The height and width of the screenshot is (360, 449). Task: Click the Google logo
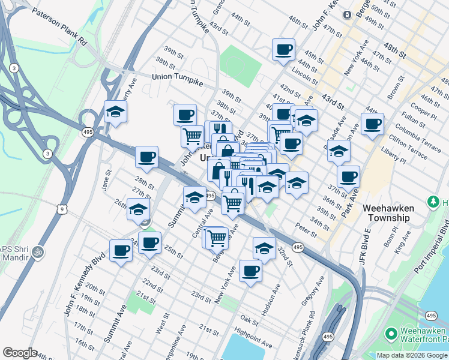(20, 352)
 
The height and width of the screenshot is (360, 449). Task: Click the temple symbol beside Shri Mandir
(39, 250)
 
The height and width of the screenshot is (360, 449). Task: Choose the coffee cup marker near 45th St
(283, 49)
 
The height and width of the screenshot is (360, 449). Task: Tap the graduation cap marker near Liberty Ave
(115, 111)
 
